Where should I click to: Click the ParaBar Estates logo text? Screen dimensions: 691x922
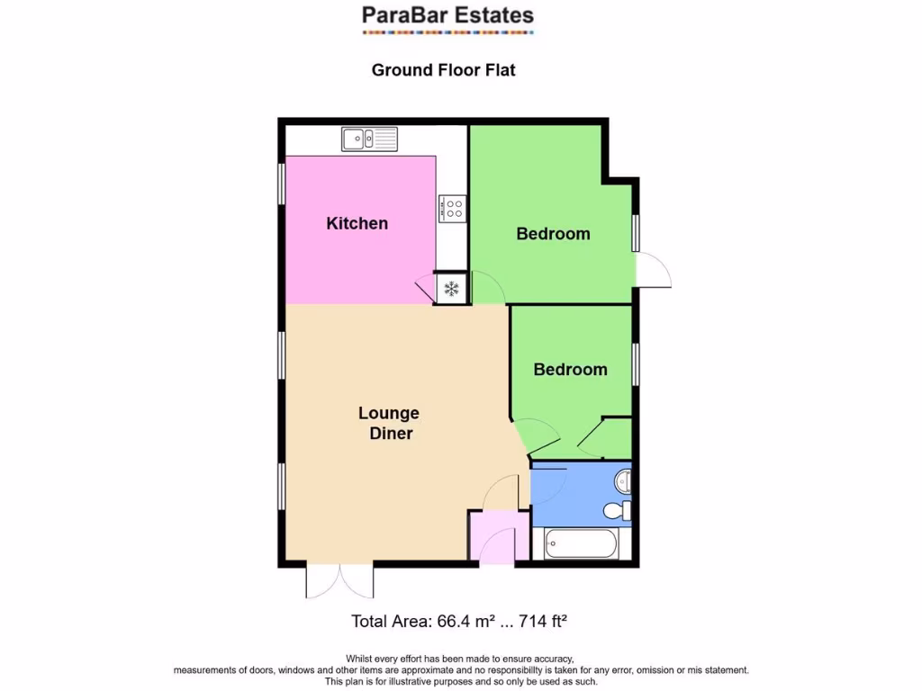[447, 15]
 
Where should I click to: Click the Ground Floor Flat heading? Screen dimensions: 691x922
[443, 69]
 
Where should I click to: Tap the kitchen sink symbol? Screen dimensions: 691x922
[369, 139]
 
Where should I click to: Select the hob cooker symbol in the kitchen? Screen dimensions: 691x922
[452, 209]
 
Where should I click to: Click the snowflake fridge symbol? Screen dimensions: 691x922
[451, 289]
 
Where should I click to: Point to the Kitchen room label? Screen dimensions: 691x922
[357, 223]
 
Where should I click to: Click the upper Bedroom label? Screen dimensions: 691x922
[553, 234]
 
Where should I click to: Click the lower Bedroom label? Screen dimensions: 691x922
[570, 370]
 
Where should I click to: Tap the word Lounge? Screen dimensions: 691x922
[389, 414]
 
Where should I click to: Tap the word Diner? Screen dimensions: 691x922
[391, 434]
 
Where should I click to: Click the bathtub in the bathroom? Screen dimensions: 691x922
[581, 544]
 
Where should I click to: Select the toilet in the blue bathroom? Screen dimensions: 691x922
[617, 511]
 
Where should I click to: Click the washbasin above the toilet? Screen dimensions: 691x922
[622, 482]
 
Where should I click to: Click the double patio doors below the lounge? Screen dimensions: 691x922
[339, 581]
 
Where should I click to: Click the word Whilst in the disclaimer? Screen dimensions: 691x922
[362, 659]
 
